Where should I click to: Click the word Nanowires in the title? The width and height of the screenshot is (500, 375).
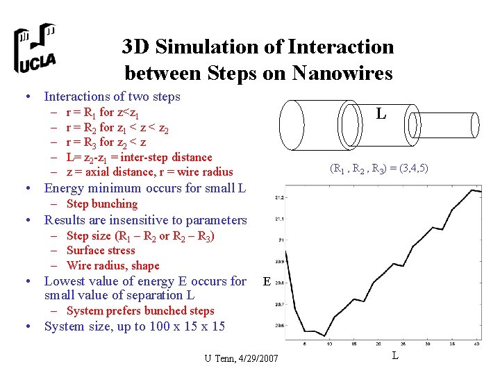click(x=343, y=72)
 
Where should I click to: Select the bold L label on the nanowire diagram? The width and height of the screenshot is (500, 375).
click(x=381, y=112)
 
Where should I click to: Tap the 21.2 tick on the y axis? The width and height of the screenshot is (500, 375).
click(x=280, y=197)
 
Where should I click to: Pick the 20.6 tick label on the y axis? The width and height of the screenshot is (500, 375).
click(x=280, y=325)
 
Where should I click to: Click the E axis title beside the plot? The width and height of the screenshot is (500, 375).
click(x=267, y=282)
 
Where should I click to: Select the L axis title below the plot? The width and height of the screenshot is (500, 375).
click(x=394, y=356)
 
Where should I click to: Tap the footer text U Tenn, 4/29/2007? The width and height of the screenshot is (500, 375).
click(x=241, y=358)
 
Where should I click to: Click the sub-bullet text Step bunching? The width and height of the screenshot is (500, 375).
click(x=102, y=203)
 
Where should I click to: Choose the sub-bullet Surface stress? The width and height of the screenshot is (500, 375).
click(x=101, y=250)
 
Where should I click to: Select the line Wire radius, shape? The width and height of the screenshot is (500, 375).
click(x=113, y=265)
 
